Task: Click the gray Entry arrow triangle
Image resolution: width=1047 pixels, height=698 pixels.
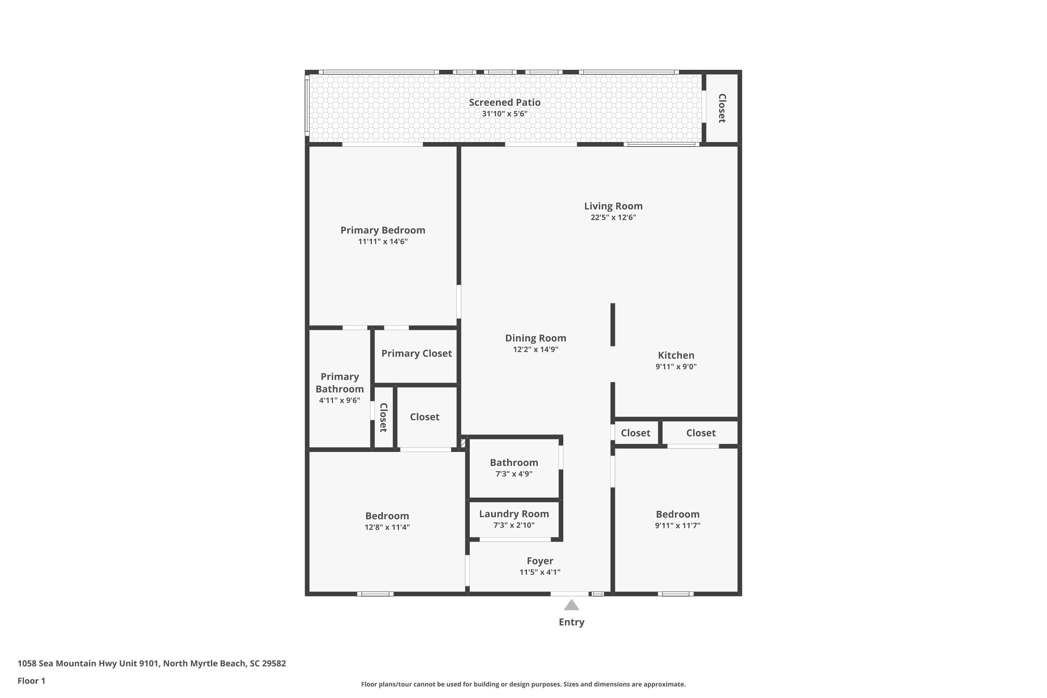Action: click(572, 606)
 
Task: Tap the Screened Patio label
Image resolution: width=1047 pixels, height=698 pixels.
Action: click(504, 102)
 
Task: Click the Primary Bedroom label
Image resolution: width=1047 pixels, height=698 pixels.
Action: click(383, 230)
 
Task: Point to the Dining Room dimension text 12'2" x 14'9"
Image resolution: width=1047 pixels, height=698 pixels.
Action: click(535, 349)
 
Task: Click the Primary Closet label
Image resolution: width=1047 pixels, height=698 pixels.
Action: click(416, 354)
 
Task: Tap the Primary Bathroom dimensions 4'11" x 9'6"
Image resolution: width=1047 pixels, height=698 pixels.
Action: click(340, 400)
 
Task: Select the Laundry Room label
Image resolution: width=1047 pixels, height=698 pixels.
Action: click(514, 514)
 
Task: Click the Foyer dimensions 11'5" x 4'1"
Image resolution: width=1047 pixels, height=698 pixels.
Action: click(540, 572)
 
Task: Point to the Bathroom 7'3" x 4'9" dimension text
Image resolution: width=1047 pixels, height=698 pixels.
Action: click(514, 474)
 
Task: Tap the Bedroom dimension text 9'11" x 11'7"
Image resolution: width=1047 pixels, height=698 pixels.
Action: click(677, 525)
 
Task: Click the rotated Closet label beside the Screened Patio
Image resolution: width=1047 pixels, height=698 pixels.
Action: click(722, 108)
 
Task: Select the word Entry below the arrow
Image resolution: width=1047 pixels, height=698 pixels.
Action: click(572, 622)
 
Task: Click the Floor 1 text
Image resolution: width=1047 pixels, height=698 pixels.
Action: click(32, 681)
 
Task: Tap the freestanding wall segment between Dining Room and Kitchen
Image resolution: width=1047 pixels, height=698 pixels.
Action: click(612, 325)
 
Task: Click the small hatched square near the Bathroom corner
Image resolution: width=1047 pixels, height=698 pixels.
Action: click(463, 443)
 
